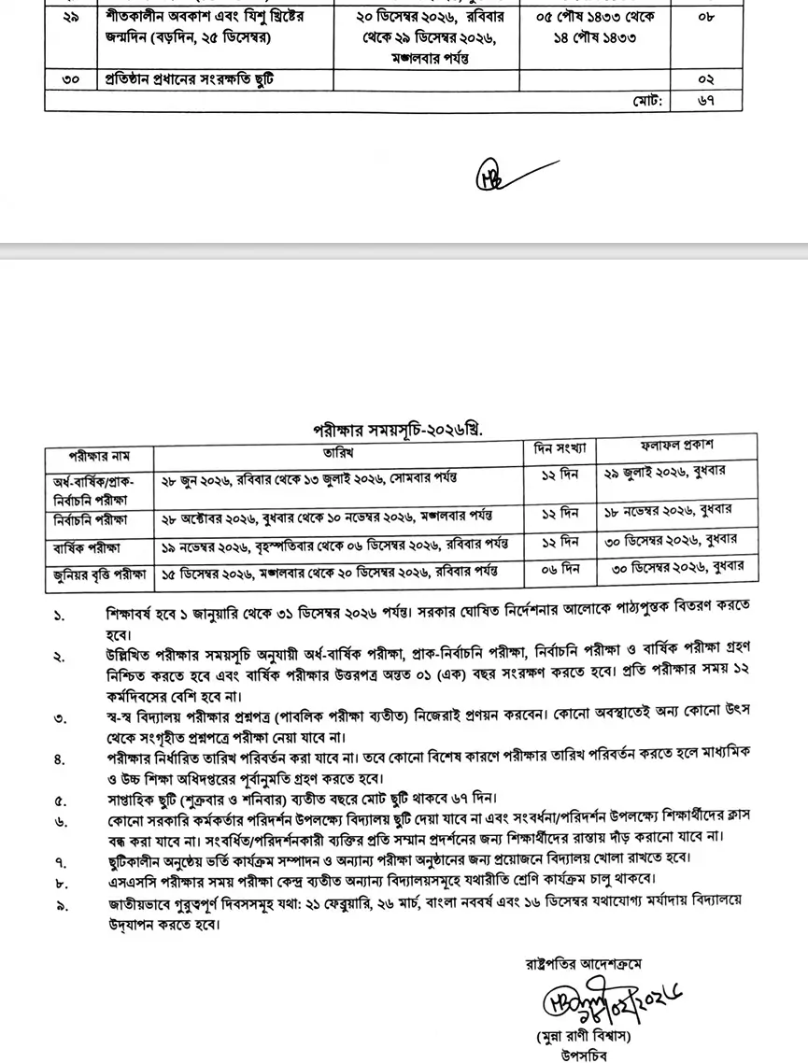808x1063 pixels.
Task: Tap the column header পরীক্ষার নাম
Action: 99,457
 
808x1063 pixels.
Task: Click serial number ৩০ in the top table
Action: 71,80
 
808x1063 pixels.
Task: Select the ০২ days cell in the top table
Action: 706,80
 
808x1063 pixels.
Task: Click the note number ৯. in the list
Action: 59,905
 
